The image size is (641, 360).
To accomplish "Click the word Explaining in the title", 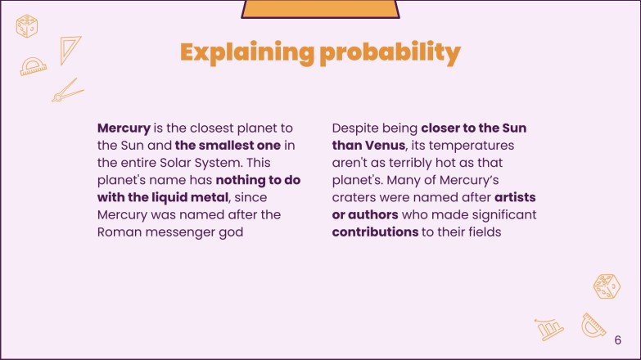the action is tap(247, 52).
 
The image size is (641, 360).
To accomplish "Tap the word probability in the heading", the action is tap(390, 52).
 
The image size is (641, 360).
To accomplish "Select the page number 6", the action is tap(618, 340).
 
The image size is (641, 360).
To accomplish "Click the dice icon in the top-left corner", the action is tap(27, 26).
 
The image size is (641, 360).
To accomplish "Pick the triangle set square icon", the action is tap(69, 48).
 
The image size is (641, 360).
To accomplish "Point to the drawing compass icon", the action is tap(67, 91).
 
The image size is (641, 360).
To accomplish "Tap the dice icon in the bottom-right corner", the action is tap(607, 286).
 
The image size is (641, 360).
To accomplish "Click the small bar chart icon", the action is tap(549, 329).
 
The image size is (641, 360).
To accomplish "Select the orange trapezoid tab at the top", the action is tap(320, 9).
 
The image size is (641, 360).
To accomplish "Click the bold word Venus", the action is tap(385, 145).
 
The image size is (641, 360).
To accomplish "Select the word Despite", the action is tap(354, 128).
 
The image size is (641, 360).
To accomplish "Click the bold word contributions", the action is tap(375, 232).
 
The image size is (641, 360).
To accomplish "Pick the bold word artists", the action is tap(515, 197).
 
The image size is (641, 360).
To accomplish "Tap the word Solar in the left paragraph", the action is tap(175, 163).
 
